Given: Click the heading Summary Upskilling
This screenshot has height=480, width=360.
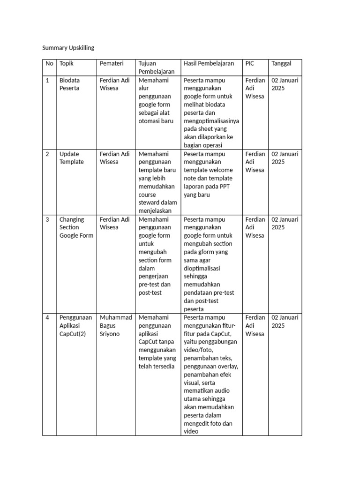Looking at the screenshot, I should click(68, 48).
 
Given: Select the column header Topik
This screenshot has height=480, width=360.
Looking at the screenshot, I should click(67, 63).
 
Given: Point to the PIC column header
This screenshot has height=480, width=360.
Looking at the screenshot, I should click(250, 63).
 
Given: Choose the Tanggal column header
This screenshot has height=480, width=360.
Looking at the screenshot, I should click(281, 63).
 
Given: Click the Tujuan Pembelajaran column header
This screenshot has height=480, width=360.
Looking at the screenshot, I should click(157, 67).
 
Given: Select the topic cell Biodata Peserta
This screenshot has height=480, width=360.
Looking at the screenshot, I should click(69, 84).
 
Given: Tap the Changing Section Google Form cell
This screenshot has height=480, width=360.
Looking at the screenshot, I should click(76, 227).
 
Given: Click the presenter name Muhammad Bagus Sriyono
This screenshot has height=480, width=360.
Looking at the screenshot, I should click(116, 326).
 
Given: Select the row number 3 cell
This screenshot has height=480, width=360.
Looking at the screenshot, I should click(47, 219).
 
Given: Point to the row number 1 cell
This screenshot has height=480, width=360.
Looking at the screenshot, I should click(47, 80).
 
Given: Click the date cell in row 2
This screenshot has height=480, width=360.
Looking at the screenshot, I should click(285, 157).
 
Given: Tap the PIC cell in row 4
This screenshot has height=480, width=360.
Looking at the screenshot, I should click(255, 326).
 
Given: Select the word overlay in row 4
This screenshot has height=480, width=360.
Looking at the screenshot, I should click(227, 367).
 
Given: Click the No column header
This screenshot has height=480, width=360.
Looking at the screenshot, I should click(49, 63).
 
